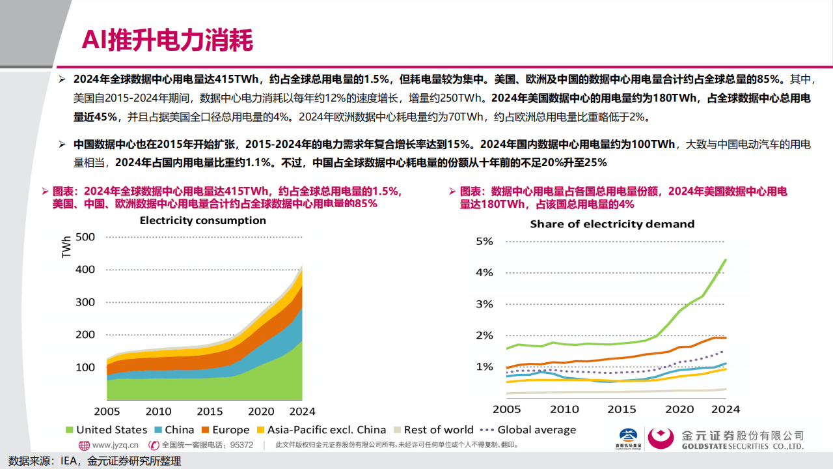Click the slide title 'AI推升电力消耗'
pos(167,40)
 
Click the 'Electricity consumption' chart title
pos(202,220)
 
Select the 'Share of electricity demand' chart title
pos(612,224)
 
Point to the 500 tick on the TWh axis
pos(85,236)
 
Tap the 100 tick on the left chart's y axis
pos(85,367)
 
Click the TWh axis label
pos(66,247)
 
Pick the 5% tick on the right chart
pos(484,241)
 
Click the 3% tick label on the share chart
pos(484,304)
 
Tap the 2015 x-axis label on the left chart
pos(210,411)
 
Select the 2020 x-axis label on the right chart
pos(679,409)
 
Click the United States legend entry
pos(106,430)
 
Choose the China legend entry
pos(174,430)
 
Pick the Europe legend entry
pos(225,430)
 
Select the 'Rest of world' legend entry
pos(433,430)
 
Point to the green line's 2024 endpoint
pos(726,260)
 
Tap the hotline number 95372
pos(241,446)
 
